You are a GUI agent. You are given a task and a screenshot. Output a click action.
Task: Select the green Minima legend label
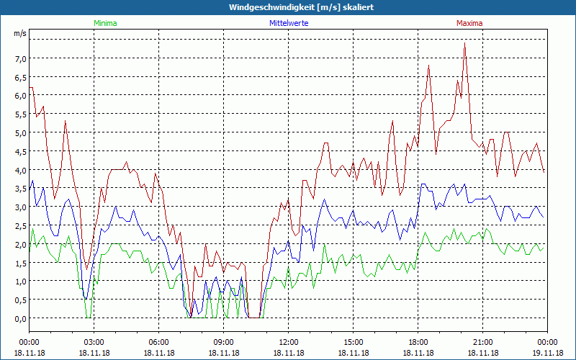[104, 23]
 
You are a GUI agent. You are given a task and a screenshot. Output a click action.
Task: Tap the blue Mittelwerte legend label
[289, 23]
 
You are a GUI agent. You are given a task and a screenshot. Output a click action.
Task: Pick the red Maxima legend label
[469, 23]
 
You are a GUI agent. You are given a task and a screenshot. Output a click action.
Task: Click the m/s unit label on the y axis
[20, 33]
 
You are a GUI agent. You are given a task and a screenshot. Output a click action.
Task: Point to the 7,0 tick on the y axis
[21, 58]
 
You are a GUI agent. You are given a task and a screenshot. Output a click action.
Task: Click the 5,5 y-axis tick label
[21, 114]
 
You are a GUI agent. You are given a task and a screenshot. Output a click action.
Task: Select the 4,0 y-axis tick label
[21, 170]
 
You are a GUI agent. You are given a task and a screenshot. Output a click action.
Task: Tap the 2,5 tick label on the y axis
[21, 225]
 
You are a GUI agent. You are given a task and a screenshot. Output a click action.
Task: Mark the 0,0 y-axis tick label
[21, 318]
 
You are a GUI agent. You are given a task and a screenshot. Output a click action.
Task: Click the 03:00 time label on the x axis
[94, 341]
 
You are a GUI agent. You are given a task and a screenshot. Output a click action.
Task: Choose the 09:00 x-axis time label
[224, 341]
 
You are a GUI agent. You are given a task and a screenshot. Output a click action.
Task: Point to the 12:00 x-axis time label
[289, 341]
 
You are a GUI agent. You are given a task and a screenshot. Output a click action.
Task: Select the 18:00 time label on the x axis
[418, 341]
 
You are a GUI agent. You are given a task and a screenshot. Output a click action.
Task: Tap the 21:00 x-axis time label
[483, 341]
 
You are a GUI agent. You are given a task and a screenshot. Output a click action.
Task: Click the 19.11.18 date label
[547, 353]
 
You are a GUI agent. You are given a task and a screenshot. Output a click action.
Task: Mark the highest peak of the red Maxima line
[465, 44]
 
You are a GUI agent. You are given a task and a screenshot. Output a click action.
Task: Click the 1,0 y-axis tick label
[21, 282]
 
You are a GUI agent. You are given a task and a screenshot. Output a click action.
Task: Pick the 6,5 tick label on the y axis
[21, 77]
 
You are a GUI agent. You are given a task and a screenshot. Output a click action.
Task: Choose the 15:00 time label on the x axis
[354, 341]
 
